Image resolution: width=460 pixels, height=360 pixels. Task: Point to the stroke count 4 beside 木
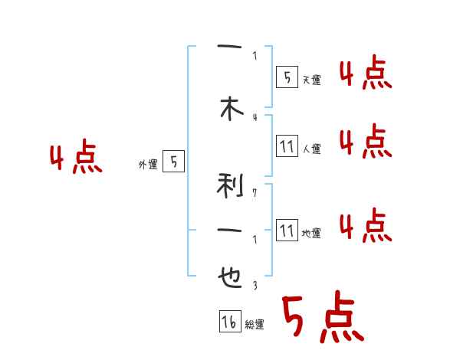click(x=255, y=117)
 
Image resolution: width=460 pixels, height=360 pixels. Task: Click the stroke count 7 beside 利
click(x=255, y=192)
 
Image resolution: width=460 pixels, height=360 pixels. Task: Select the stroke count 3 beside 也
click(x=255, y=284)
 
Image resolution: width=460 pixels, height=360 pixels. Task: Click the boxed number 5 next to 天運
click(x=286, y=77)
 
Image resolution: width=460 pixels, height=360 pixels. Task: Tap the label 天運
click(x=310, y=80)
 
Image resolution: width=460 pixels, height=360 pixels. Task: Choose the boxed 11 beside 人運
click(x=286, y=146)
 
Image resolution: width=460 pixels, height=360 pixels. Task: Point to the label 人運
click(x=310, y=149)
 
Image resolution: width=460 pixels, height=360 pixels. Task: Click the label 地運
click(x=310, y=233)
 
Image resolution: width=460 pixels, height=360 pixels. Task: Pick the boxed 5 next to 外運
click(x=174, y=162)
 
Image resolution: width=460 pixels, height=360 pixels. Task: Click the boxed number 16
click(x=228, y=322)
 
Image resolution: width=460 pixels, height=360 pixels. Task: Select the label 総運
click(x=255, y=325)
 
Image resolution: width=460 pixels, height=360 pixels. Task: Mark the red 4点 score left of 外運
click(x=75, y=159)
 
